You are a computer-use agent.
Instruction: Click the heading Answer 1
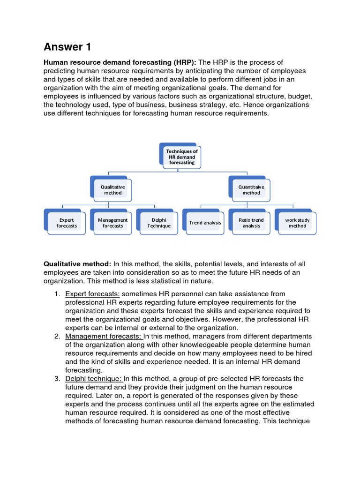pyautogui.click(x=67, y=47)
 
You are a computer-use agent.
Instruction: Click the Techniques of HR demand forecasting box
pyautogui.click(x=182, y=157)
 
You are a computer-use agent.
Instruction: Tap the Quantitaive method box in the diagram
pyautogui.click(x=251, y=190)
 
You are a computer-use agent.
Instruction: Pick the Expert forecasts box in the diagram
pyautogui.click(x=67, y=223)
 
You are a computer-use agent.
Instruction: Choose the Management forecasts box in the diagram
pyautogui.click(x=112, y=223)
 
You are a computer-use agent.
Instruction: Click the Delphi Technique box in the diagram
pyautogui.click(x=159, y=223)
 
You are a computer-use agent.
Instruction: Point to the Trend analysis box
pyautogui.click(x=205, y=223)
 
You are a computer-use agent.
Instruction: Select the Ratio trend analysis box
pyautogui.click(x=251, y=223)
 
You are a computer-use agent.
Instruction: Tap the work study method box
pyautogui.click(x=297, y=223)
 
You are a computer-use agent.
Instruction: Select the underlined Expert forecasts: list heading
pyautogui.click(x=92, y=294)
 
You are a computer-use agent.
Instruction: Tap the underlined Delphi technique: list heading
pyautogui.click(x=93, y=379)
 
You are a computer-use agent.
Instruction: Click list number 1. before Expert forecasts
pyautogui.click(x=56, y=294)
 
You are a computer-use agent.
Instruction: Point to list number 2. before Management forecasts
pyautogui.click(x=56, y=336)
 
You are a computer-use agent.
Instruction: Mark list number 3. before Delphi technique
pyautogui.click(x=56, y=379)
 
